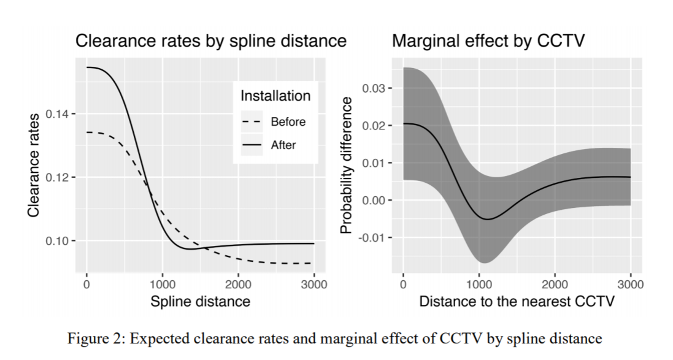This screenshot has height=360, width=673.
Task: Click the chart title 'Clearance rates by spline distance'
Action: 210,41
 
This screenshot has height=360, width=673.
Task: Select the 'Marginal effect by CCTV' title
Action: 488,41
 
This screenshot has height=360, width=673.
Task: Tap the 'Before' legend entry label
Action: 288,121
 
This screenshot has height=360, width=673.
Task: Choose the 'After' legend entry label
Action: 283,145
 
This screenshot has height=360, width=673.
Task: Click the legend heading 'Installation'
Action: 275,96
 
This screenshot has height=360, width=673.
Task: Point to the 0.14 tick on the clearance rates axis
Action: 59,114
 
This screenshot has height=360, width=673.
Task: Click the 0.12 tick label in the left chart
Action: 59,177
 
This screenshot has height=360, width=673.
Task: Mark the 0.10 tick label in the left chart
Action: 59,240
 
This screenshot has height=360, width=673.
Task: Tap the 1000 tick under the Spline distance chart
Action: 162,285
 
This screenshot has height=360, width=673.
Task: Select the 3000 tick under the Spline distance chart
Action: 314,285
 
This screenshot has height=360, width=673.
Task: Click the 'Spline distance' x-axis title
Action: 200,301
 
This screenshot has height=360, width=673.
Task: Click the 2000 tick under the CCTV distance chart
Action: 555,285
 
